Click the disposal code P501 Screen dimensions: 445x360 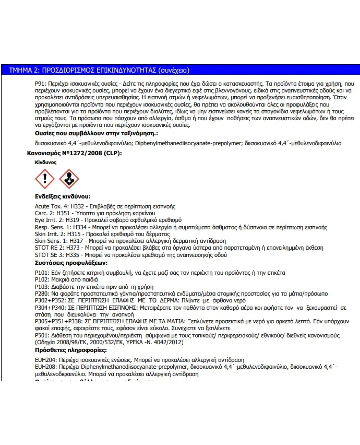41,335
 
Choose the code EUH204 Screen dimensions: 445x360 44,360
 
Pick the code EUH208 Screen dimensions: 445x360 44,367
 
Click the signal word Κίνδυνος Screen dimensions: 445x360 45,162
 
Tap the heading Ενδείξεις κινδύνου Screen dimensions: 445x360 63,196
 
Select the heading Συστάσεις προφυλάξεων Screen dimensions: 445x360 70,263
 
